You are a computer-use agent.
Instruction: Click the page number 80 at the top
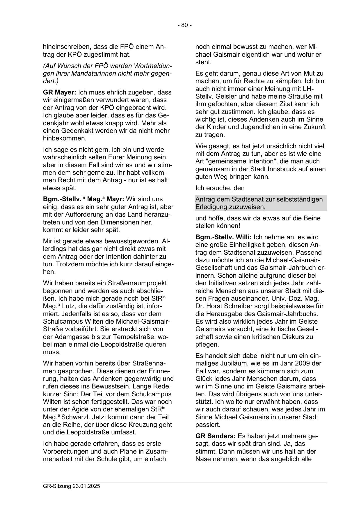click(184, 25)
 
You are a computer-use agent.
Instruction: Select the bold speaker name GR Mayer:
click(60, 92)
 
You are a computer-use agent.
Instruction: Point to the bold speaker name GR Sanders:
click(216, 436)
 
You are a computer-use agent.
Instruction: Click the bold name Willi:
click(243, 237)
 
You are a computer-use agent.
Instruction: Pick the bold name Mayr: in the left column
click(115, 199)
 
